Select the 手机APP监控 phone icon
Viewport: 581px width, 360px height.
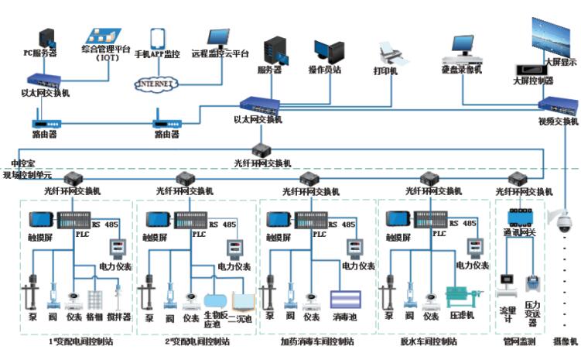click(157, 38)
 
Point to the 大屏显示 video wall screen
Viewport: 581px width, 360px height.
click(554, 35)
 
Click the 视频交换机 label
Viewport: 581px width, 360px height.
click(559, 122)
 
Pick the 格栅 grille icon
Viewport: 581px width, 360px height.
click(97, 300)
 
